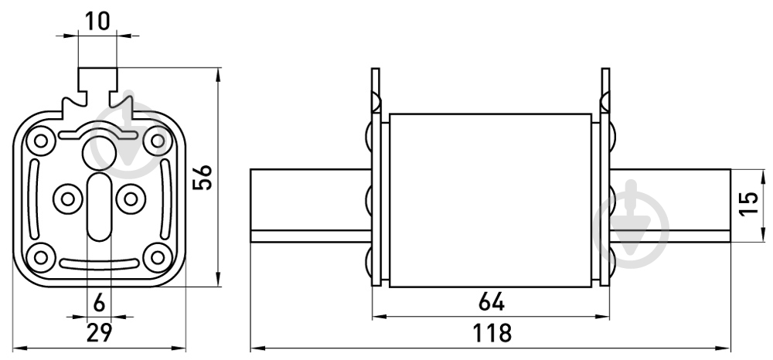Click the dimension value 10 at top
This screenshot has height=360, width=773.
pos(97,21)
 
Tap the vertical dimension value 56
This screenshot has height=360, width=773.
pos(202,177)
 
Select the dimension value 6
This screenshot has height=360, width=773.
pos(99,304)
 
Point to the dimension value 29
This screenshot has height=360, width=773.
pos(99,332)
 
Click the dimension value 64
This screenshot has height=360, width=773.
pos(492,302)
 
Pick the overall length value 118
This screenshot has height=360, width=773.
pos(492,333)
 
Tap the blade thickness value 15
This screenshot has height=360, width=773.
pos(748,203)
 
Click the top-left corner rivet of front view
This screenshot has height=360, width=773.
pos(41,141)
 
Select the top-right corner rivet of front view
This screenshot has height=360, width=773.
pos(158,141)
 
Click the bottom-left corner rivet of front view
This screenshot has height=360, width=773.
pos(41,256)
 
